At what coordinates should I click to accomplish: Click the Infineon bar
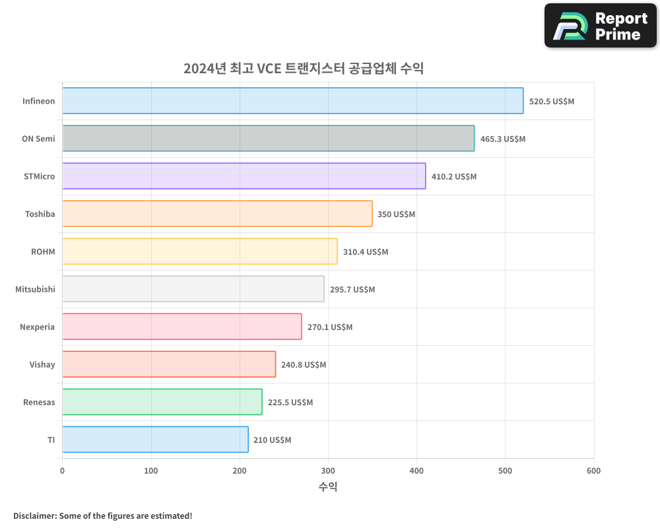292,101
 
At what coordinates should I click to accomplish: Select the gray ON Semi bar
268,139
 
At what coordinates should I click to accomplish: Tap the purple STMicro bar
244,176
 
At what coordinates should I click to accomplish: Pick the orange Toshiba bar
217,214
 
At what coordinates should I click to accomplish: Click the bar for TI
155,440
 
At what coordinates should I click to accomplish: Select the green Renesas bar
162,402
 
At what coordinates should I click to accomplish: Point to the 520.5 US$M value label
552,102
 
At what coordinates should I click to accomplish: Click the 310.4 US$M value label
366,252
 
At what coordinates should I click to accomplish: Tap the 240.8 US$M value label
304,365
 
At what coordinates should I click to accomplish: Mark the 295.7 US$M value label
352,290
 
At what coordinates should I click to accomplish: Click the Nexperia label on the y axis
38,327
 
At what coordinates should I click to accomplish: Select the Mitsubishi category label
36,290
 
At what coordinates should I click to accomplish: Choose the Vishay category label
42,365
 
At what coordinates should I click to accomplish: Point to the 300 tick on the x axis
328,471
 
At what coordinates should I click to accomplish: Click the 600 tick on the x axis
593,471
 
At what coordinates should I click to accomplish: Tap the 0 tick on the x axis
63,471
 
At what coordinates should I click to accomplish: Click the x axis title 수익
328,487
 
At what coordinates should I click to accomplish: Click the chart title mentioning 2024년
304,69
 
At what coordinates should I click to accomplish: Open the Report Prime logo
600,26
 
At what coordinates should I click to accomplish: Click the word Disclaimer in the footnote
34,516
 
